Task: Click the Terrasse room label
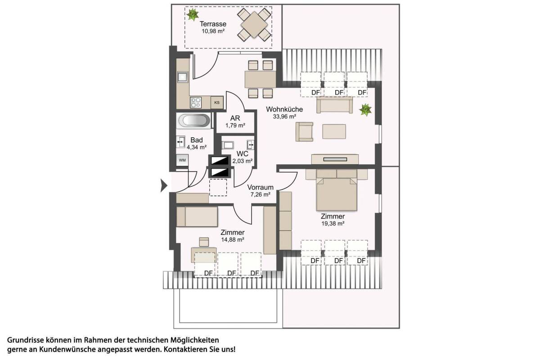(x=213, y=24)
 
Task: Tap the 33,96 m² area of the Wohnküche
(x=284, y=117)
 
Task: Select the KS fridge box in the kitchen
(x=217, y=103)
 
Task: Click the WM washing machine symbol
(x=182, y=160)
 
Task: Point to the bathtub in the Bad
(x=194, y=121)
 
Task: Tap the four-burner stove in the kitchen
(x=195, y=103)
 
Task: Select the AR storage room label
(x=235, y=118)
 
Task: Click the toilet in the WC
(x=227, y=145)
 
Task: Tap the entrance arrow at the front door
(x=164, y=185)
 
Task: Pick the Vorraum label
(x=261, y=187)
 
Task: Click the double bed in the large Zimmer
(x=337, y=190)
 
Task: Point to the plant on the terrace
(x=193, y=14)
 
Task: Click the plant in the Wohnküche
(x=365, y=110)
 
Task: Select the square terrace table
(x=254, y=25)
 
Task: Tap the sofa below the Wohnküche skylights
(x=335, y=105)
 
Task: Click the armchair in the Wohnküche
(x=305, y=132)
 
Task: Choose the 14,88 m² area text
(x=233, y=240)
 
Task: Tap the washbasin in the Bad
(x=180, y=142)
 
